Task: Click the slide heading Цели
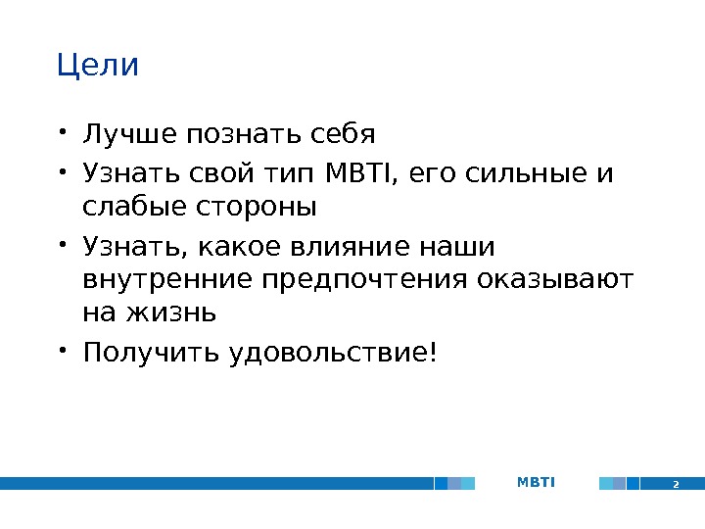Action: click(98, 67)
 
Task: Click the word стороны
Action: click(256, 208)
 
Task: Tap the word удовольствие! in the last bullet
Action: click(330, 351)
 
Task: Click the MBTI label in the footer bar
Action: click(536, 482)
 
